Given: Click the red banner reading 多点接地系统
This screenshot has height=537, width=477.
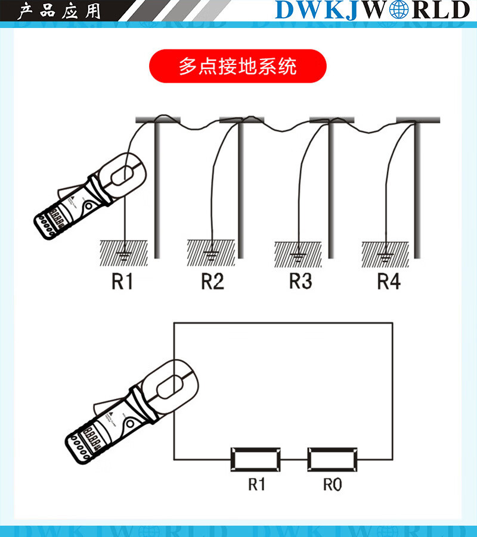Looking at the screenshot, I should pyautogui.click(x=237, y=65).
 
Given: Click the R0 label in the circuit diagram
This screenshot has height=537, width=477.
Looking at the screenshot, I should pyautogui.click(x=333, y=485).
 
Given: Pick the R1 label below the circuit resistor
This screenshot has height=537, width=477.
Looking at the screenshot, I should pyautogui.click(x=256, y=485).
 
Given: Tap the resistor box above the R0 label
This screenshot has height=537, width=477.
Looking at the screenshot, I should pyautogui.click(x=333, y=459).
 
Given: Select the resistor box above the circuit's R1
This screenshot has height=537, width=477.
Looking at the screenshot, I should pyautogui.click(x=256, y=459).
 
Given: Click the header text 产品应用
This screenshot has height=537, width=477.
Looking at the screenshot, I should pyautogui.click(x=60, y=11).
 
